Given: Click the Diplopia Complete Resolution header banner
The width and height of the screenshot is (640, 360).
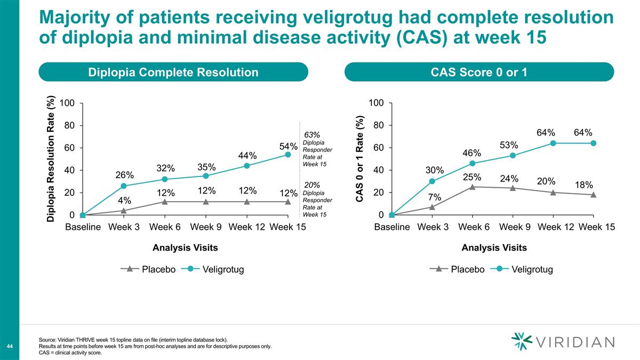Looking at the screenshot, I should [173, 72].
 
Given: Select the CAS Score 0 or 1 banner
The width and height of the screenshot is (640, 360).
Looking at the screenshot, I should [479, 72].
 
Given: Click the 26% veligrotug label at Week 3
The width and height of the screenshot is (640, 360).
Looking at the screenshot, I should [124, 175].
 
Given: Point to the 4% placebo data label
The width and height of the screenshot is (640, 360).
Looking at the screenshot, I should [124, 201].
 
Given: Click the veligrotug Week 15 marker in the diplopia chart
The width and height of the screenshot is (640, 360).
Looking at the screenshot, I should [288, 155].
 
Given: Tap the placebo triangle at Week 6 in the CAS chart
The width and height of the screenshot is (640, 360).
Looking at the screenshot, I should [473, 187].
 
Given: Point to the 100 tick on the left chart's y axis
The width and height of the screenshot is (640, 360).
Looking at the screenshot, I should [67, 103].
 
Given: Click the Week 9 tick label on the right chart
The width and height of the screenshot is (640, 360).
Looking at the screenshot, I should [514, 227].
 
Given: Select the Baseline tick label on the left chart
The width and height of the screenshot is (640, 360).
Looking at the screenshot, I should [83, 227].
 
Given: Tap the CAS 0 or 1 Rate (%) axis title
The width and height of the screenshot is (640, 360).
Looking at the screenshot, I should [360, 159].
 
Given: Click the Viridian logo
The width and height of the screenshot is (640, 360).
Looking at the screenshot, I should [562, 342].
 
